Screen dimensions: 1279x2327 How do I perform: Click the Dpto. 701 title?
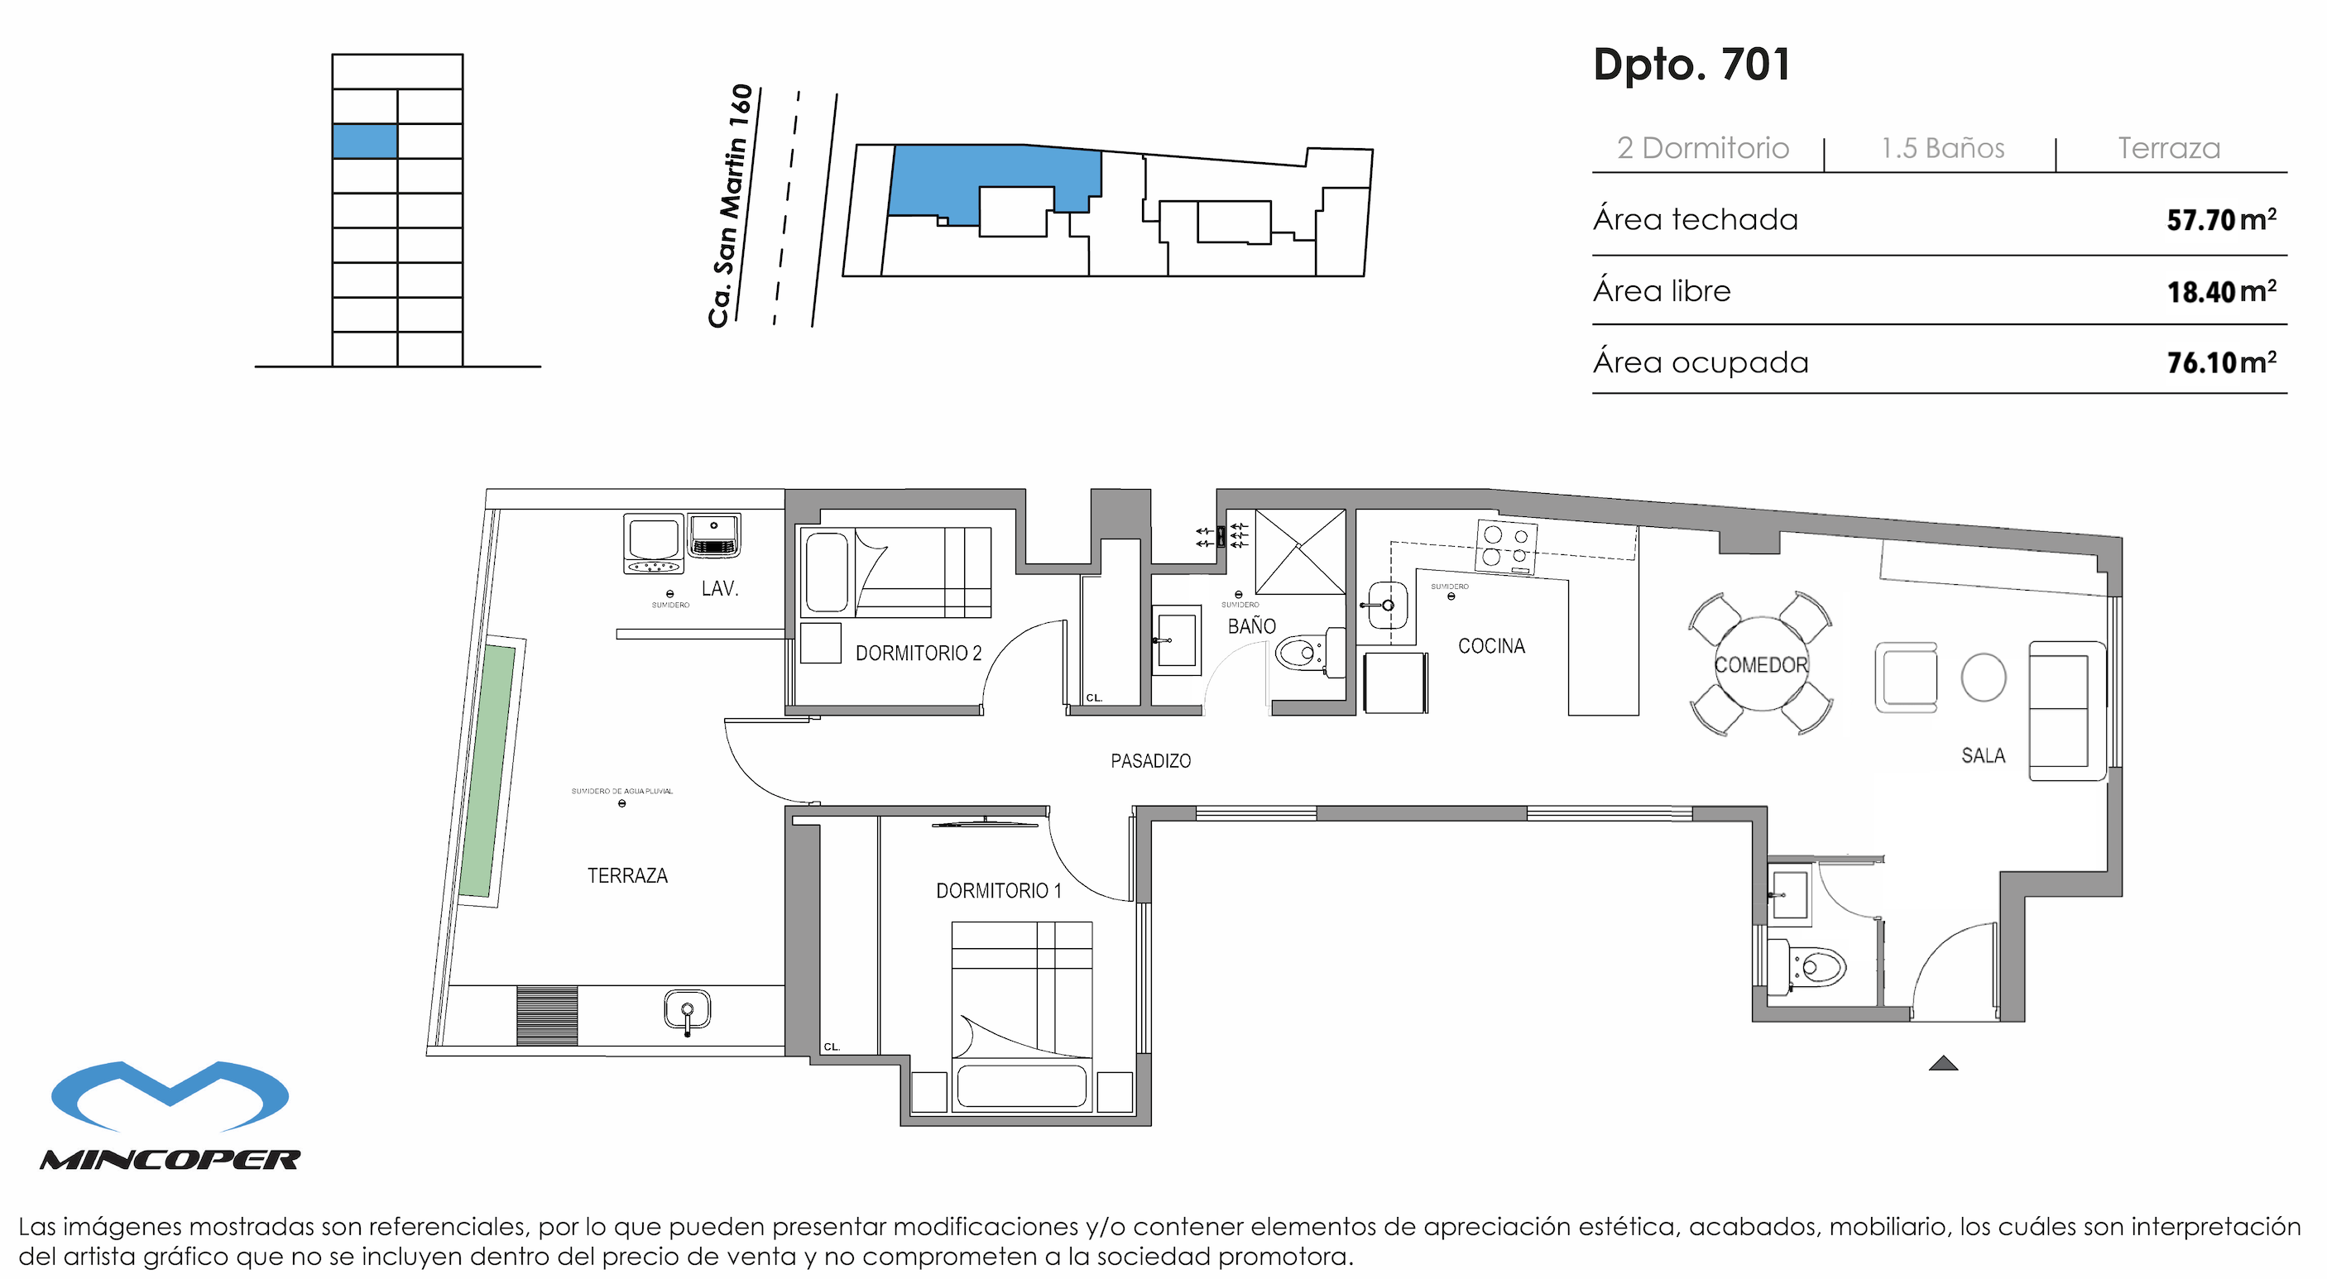point(1691,65)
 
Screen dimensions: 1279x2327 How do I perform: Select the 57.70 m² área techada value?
point(2220,219)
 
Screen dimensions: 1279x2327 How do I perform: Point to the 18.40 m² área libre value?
point(2220,291)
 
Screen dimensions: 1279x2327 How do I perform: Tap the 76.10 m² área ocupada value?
point(2220,362)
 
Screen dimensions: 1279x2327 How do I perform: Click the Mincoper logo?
point(170,1114)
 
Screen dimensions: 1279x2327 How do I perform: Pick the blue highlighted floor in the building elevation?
point(364,141)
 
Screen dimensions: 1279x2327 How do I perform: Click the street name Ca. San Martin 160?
point(731,206)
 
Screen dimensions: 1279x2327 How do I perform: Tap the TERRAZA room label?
point(627,875)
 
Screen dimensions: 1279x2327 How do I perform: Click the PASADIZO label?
point(1150,760)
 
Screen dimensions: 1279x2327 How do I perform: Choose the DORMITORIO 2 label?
point(918,653)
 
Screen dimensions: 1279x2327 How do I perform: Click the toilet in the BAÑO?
point(1301,652)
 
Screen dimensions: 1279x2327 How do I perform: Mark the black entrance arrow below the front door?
point(1943,1063)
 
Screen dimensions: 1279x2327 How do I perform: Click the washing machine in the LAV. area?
point(653,544)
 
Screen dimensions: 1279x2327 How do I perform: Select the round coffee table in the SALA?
point(1984,678)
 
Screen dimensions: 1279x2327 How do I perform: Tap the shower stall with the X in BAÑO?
point(1299,551)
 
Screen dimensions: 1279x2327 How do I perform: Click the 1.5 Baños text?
point(1942,148)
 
